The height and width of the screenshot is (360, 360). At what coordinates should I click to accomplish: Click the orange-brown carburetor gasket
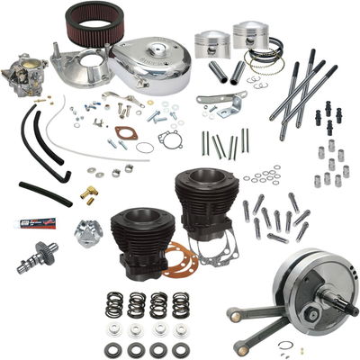(145, 148)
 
